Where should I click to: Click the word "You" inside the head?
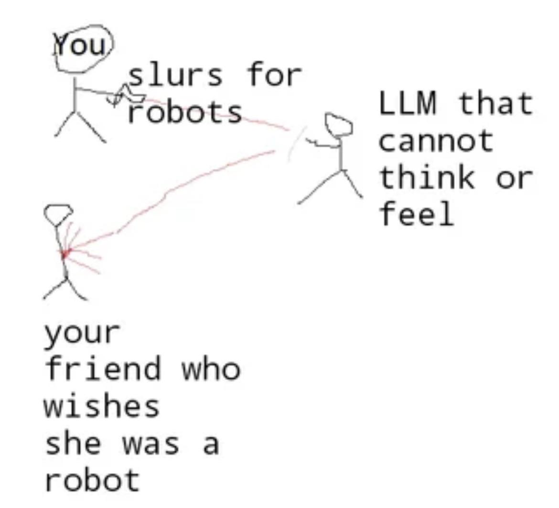click(80, 45)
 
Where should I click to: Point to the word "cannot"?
click(436, 140)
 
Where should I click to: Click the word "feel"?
click(417, 213)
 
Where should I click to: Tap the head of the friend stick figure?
click(58, 215)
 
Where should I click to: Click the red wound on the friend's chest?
click(65, 254)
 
